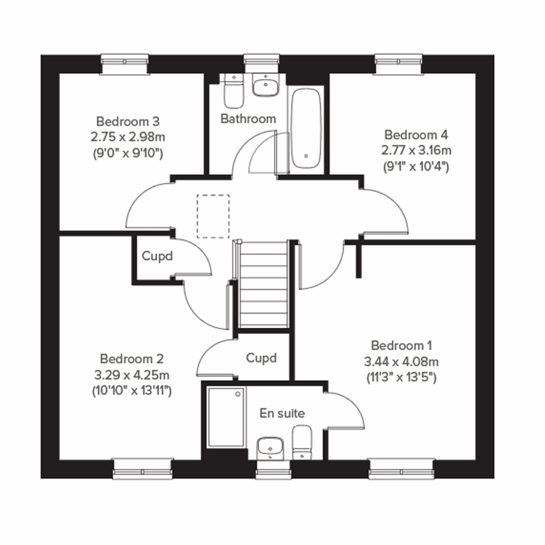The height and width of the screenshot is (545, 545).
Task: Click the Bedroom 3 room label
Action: pos(128,122)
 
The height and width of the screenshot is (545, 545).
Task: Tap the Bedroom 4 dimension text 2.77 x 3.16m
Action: pos(416,150)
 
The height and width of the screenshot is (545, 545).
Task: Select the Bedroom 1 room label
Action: pos(401,346)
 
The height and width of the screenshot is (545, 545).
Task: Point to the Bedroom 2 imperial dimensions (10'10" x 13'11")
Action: pos(132,391)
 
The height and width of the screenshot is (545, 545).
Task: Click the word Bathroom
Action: pos(248,119)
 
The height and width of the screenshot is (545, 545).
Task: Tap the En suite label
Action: pos(282,413)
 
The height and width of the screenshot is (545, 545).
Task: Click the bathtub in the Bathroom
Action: pos(306,128)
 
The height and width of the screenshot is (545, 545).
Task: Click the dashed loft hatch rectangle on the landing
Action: pos(213,216)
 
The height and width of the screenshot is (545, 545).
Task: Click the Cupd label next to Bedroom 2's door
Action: pos(157,256)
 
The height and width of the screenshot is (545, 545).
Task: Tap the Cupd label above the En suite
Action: pos(261,358)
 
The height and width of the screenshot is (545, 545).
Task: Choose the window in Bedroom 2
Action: pos(143,469)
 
